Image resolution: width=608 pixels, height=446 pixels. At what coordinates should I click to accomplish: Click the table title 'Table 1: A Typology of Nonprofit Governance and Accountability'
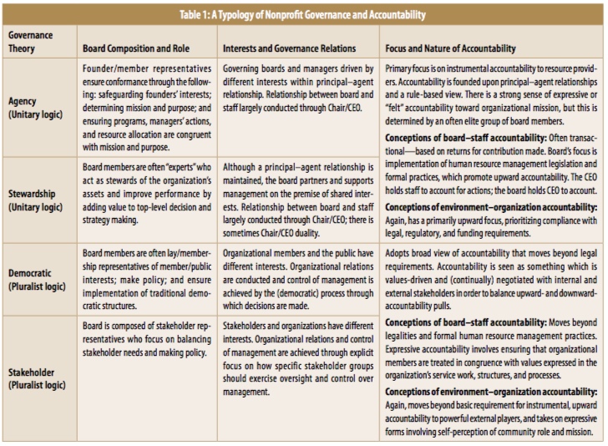[x=304, y=15]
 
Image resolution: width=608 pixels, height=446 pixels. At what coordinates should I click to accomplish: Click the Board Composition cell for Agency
[x=147, y=108]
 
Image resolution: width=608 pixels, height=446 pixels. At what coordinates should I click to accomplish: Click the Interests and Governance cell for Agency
[x=298, y=84]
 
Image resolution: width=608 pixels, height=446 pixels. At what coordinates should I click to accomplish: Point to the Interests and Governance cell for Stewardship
[x=298, y=200]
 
